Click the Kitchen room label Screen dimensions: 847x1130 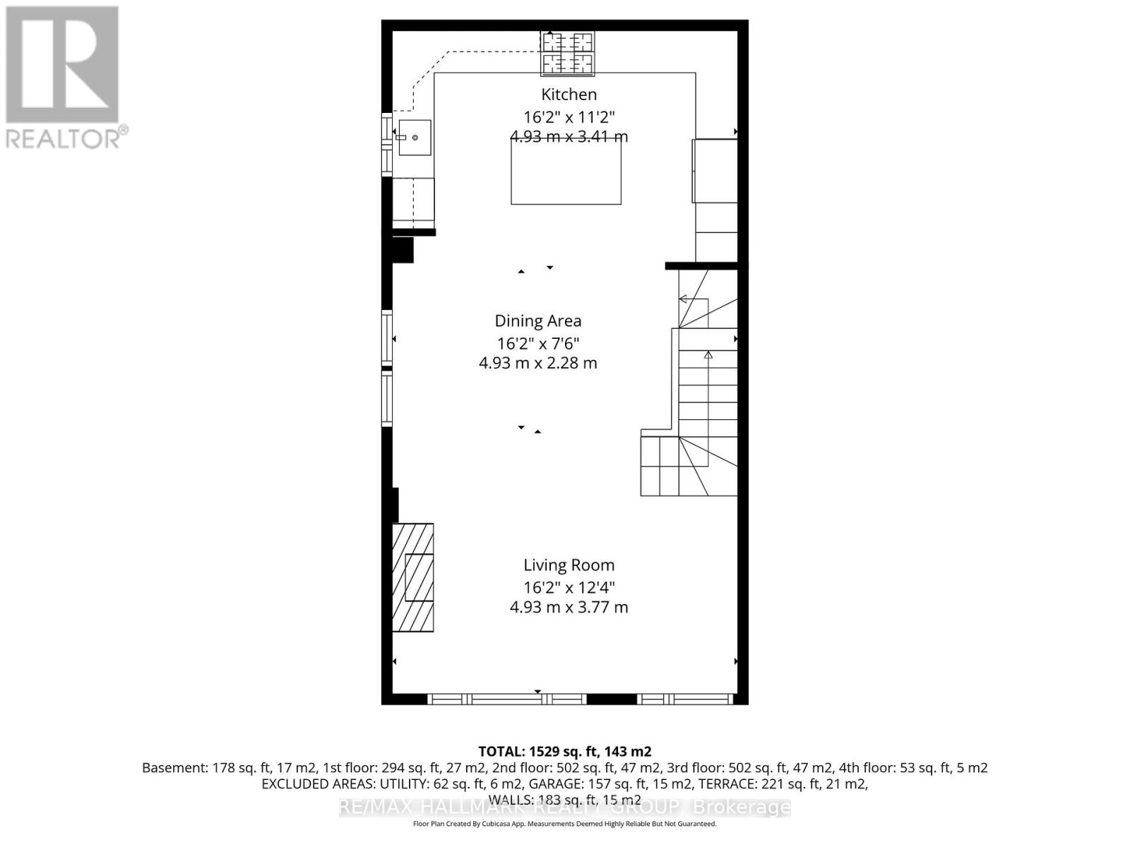tap(569, 95)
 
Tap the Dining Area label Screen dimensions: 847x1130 tap(537, 321)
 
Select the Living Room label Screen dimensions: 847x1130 tap(569, 565)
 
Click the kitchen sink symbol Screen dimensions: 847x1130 tap(414, 138)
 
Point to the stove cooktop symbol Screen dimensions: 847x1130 tap(568, 53)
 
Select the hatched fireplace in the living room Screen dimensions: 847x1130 tap(413, 577)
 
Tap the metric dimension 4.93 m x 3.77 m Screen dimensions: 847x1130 tap(569, 607)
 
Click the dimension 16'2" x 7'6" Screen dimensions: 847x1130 tap(537, 344)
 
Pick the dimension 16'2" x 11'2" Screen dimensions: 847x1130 tap(569, 117)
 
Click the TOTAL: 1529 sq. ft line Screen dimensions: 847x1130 tap(564, 752)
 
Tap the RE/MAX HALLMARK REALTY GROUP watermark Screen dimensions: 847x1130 tap(564, 807)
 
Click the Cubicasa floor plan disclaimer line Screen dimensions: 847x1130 tap(564, 824)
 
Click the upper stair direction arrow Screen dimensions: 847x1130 tap(683, 299)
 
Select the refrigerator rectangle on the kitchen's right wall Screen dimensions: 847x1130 tap(715, 172)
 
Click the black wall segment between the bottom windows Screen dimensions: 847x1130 tap(612, 699)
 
